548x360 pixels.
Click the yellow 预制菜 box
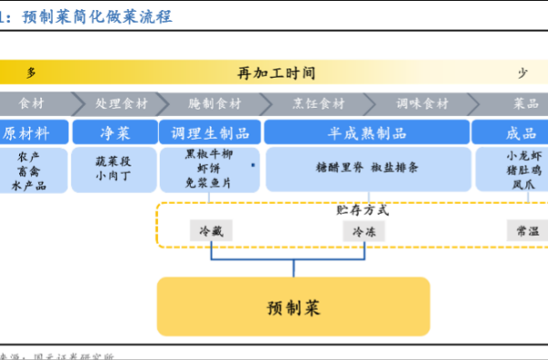point(293,307)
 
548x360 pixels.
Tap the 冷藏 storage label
point(211,231)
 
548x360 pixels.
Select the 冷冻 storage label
point(364,231)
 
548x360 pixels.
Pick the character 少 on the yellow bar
point(522,71)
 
